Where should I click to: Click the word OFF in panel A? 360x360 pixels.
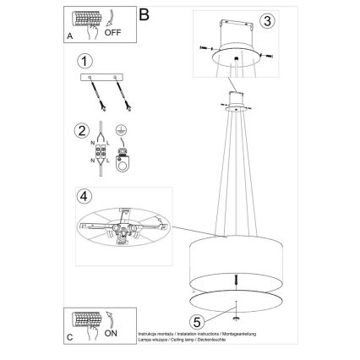click(x=112, y=33)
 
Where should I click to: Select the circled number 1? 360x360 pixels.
click(x=83, y=61)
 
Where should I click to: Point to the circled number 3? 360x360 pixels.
click(x=266, y=21)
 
